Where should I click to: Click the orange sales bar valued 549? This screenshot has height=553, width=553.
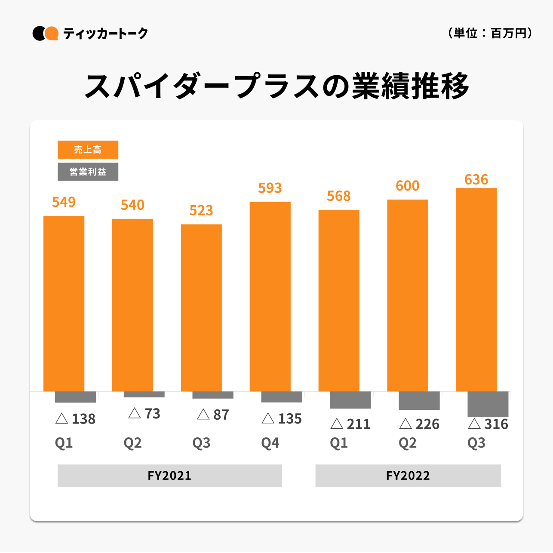(64, 303)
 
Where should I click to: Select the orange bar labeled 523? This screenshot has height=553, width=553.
(201, 307)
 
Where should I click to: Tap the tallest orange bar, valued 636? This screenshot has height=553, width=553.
(476, 289)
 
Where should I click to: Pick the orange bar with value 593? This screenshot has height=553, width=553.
(270, 296)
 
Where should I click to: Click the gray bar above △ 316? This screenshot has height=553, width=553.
(488, 404)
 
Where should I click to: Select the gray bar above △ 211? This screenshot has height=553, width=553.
(350, 400)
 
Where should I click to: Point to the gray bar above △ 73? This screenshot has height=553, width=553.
(144, 394)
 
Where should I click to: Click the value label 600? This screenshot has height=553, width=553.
(407, 186)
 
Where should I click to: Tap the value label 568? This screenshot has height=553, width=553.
(339, 196)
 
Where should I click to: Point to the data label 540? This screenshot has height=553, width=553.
(132, 205)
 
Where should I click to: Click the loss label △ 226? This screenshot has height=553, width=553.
(419, 424)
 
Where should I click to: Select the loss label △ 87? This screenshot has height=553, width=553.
(213, 415)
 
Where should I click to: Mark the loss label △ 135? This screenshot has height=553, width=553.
(282, 419)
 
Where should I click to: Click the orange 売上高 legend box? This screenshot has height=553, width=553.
(88, 150)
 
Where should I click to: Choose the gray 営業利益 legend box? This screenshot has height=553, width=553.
(88, 172)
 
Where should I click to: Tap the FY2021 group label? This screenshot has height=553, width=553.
(169, 476)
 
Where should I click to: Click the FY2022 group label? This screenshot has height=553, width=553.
(408, 476)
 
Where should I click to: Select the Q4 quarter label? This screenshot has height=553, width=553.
(270, 443)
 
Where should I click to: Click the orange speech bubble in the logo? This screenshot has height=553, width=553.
(52, 33)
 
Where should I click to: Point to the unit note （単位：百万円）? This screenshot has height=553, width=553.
(490, 33)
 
